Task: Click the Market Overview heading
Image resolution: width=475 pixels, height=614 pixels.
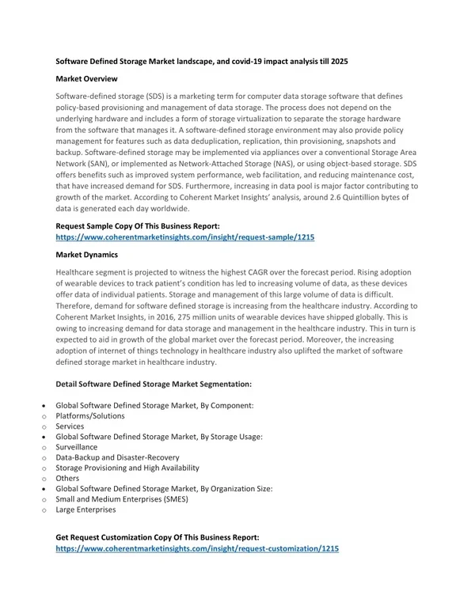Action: pos(87,79)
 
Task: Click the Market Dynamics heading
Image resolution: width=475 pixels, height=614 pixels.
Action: pos(87,255)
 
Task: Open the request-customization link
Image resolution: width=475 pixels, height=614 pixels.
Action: pos(197,548)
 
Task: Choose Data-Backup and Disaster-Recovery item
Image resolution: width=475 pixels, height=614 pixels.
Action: pos(118,457)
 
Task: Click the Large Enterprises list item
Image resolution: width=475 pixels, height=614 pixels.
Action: pos(85,510)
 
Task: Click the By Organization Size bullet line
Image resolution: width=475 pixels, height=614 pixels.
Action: pos(164,489)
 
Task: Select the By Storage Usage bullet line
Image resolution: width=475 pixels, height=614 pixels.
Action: pos(159,437)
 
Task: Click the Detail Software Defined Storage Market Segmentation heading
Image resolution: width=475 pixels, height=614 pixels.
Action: pos(154,384)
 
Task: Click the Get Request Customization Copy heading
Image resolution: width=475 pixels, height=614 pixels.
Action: pos(158,536)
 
